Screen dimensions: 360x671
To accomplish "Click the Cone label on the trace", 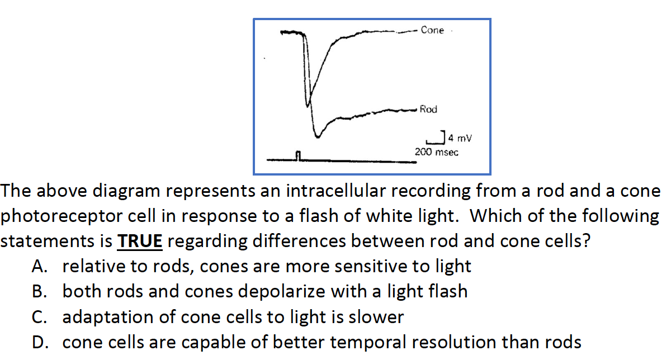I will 432,30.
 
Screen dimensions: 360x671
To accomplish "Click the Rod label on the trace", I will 428,110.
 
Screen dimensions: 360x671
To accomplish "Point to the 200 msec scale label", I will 436,152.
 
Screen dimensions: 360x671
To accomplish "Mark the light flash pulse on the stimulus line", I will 299,155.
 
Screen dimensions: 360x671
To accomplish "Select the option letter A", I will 39,267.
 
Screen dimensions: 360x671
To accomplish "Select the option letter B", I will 39,292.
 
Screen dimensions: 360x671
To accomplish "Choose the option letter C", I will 39,318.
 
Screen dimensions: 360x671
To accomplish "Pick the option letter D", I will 39,342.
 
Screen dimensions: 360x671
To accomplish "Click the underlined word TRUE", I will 139,241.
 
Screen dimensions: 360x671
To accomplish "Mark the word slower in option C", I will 376,318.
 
